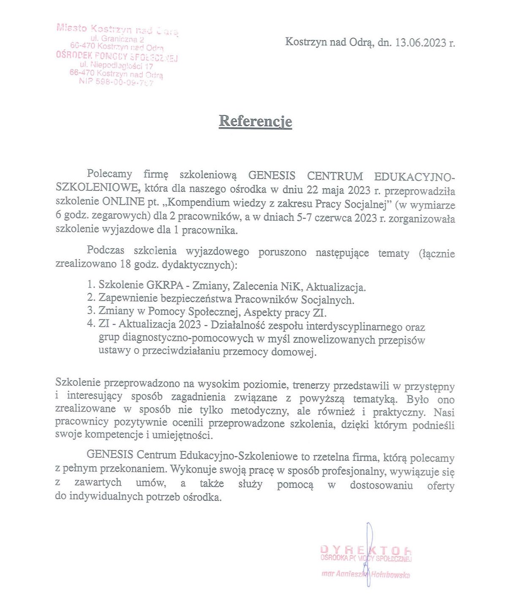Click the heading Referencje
[255, 121]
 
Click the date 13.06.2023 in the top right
[420, 43]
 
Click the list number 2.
[91, 298]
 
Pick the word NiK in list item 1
[291, 287]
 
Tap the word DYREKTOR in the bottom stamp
[365, 550]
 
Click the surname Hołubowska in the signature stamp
[391, 574]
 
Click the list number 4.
[91, 324]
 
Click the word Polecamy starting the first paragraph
[109, 174]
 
